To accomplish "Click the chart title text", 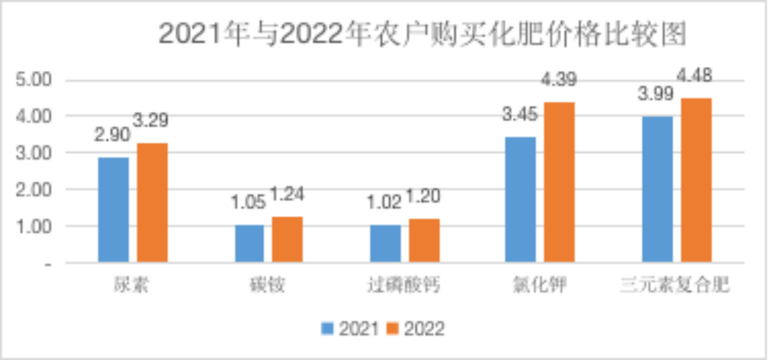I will point(422,34).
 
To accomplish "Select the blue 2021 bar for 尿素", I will point(114,210).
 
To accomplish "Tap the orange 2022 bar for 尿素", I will point(152,203).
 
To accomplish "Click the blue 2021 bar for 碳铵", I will point(249,243).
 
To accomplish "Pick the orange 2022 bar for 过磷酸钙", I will point(424,240).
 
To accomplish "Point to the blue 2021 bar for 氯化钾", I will point(520,200).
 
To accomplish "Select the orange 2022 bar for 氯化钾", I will point(559,182).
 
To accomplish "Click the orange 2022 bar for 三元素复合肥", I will point(696,180).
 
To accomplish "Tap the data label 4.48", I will point(695,76).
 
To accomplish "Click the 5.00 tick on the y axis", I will point(35,80).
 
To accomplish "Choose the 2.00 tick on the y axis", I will point(35,190).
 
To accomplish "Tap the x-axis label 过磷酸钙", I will point(404,284).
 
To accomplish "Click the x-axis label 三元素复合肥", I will point(675,284).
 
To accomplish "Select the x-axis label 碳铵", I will point(268,284).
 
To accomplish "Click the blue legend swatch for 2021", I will point(327,329).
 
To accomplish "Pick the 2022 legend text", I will point(424,329).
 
